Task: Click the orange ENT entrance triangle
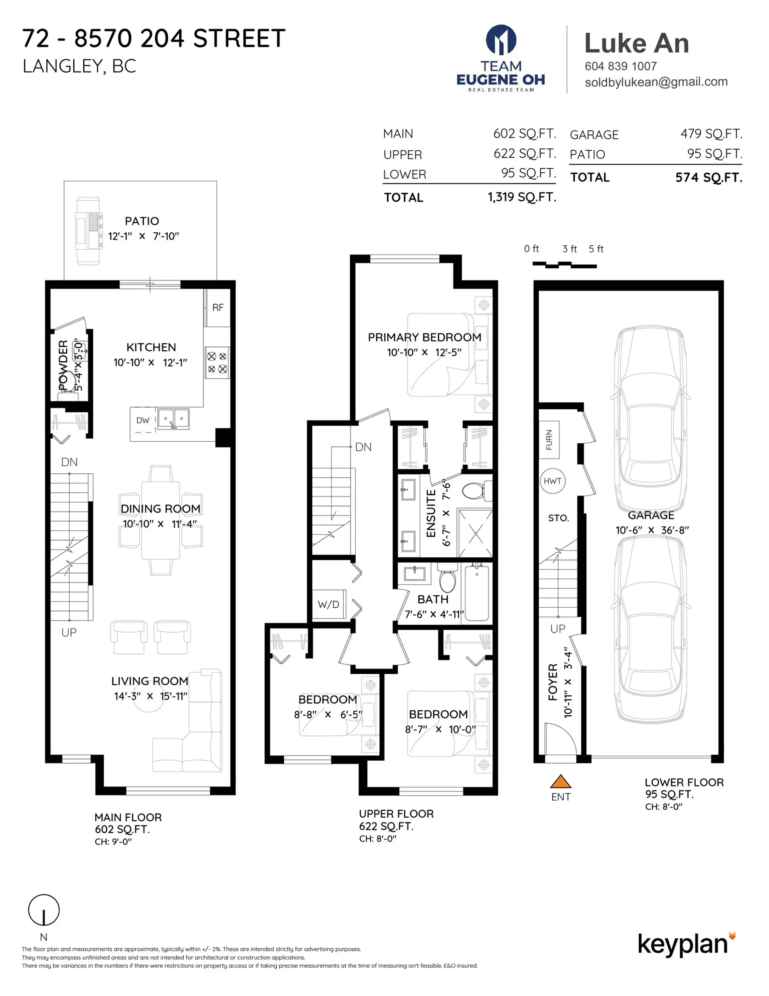(x=560, y=782)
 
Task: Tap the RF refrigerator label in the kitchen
(x=218, y=307)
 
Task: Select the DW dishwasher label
(x=143, y=420)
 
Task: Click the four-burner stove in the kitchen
(x=217, y=363)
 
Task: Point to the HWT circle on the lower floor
(x=552, y=481)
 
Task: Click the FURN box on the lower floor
(x=549, y=440)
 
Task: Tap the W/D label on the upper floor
(x=328, y=604)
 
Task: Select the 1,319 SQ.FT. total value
(x=521, y=197)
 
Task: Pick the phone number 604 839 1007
(x=620, y=66)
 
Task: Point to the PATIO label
(x=142, y=221)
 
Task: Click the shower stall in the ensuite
(x=475, y=533)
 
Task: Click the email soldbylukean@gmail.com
(x=656, y=82)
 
